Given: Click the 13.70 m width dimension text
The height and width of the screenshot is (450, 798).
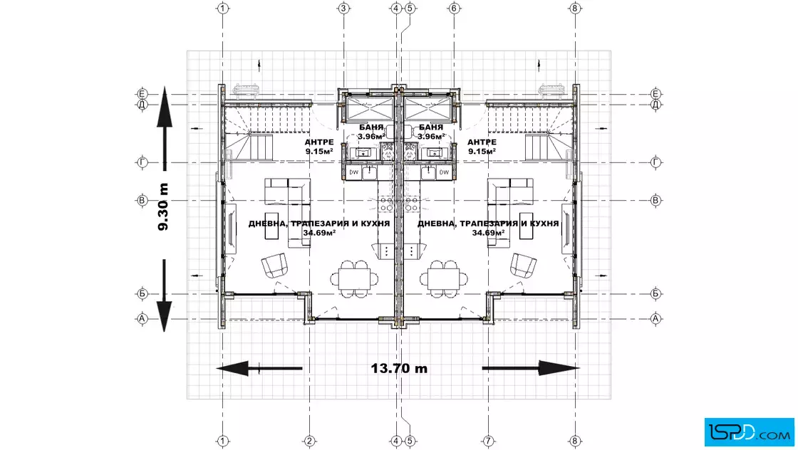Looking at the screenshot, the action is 399,368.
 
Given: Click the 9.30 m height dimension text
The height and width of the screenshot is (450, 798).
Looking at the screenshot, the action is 163,207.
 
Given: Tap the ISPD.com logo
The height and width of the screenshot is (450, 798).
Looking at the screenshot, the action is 749,432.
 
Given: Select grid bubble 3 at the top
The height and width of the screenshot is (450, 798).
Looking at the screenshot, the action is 343,8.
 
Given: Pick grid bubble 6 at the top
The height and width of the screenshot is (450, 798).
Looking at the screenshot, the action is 454,8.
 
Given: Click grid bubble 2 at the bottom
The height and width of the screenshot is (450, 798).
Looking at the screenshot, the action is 309,441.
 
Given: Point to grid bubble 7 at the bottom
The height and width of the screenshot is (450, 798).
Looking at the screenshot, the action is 488,441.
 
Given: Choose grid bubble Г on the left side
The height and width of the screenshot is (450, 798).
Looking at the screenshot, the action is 142,163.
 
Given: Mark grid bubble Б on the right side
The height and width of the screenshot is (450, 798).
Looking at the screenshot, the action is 655,293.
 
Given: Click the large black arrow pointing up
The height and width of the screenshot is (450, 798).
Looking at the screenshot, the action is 165,129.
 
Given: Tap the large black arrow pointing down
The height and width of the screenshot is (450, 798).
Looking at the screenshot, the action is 164,295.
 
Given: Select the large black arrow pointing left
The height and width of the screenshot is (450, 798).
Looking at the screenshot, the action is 259,368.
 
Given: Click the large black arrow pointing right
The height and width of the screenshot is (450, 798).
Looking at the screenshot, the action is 531,368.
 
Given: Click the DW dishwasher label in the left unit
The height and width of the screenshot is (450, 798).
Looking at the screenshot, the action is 353,172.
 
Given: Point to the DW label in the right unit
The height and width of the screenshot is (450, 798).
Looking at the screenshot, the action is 445,172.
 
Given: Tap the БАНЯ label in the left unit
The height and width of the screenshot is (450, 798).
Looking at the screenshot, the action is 372,127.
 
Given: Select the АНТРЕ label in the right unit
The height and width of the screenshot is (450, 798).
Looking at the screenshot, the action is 482,142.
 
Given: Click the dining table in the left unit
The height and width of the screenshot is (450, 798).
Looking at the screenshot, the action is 354,278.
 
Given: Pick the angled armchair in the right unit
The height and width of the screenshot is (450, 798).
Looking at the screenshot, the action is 523,265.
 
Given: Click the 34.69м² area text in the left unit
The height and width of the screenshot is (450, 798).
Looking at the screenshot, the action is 319,233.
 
